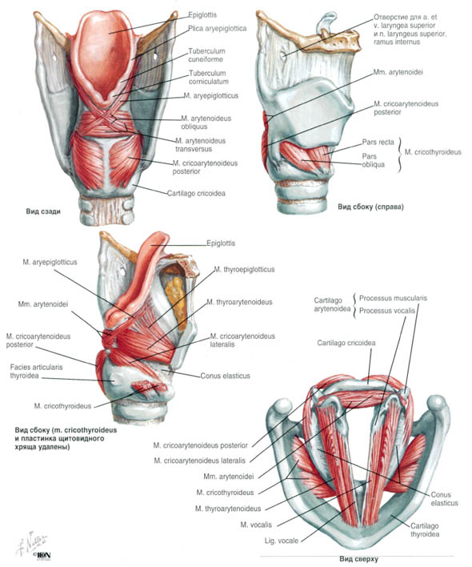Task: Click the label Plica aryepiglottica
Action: tap(217, 29)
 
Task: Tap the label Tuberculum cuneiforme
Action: tap(206, 55)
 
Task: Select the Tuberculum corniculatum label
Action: tap(208, 78)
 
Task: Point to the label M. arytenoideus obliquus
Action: tap(206, 123)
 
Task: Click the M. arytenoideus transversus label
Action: tap(201, 145)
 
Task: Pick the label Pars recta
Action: tap(378, 142)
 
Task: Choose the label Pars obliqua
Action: tap(373, 160)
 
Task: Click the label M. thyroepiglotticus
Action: tap(244, 269)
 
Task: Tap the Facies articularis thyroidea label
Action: tap(36, 372)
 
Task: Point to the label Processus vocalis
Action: tap(387, 311)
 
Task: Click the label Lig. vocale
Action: tap(282, 541)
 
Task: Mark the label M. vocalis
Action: tap(256, 525)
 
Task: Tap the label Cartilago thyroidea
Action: tap(425, 530)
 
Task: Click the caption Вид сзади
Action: tap(43, 211)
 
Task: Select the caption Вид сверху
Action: tap(358, 559)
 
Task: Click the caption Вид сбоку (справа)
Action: tap(371, 207)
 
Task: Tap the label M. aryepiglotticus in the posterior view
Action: tap(211, 96)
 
